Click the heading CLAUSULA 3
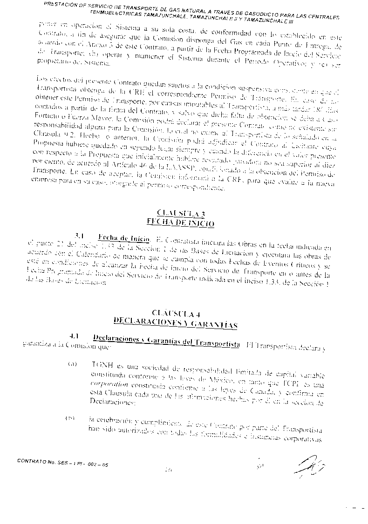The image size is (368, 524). pyautogui.click(x=181, y=214)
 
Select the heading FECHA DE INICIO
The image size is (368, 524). pyautogui.click(x=181, y=223)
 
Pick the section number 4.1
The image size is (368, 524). pyautogui.click(x=75, y=336)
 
